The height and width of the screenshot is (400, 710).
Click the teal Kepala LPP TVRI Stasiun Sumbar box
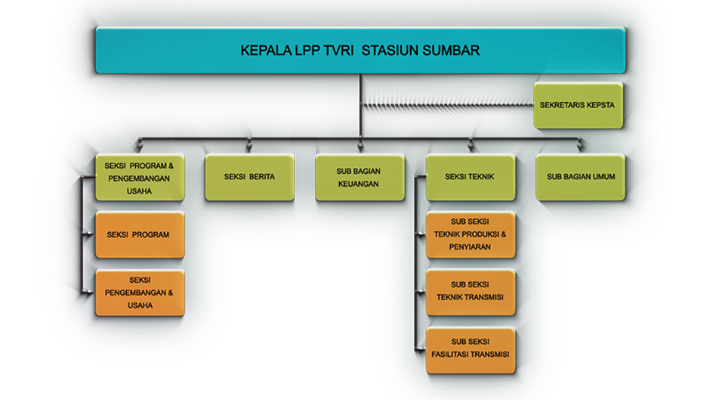click(x=360, y=51)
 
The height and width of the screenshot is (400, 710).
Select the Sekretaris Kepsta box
click(x=579, y=105)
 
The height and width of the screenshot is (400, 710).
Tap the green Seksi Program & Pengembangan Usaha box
click(x=140, y=178)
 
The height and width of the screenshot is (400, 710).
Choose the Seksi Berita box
click(x=249, y=178)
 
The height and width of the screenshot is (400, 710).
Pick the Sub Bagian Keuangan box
click(x=360, y=178)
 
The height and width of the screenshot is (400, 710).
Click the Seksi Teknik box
click(x=471, y=178)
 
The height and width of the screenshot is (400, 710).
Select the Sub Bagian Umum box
click(x=580, y=178)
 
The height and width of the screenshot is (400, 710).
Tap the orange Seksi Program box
click(x=140, y=235)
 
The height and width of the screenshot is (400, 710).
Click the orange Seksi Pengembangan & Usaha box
click(x=140, y=293)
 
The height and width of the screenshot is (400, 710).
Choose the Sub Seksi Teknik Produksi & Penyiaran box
click(x=471, y=235)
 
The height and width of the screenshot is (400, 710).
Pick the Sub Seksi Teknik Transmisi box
click(x=471, y=293)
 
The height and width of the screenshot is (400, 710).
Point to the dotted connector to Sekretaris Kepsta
click(x=447, y=105)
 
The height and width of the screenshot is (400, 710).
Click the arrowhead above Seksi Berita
click(x=249, y=147)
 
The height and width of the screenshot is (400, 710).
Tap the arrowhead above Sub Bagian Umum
click(x=580, y=147)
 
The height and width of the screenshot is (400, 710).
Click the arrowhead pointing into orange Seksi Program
click(x=89, y=234)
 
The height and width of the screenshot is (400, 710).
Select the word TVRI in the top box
click(x=338, y=51)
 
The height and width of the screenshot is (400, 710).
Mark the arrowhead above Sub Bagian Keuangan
click(x=360, y=147)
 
